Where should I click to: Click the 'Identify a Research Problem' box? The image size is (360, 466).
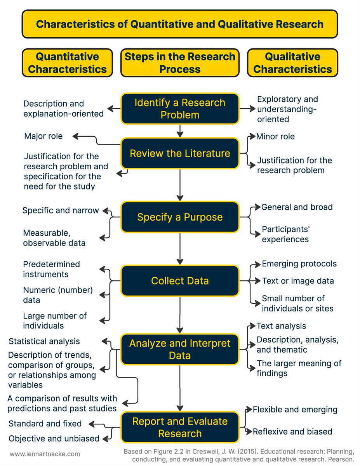tap(180, 109)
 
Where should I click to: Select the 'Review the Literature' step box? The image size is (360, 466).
tap(180, 153)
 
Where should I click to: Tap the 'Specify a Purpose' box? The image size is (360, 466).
tap(180, 217)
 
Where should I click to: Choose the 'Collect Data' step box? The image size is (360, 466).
tap(180, 280)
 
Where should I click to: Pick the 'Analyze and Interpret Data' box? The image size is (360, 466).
tap(180, 349)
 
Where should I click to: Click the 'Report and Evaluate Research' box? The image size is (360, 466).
tap(180, 427)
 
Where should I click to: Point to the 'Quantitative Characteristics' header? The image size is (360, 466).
tap(67, 63)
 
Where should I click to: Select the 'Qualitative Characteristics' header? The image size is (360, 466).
tap(292, 63)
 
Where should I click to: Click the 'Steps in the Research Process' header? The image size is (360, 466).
tap(180, 63)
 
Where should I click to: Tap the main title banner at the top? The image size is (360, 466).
tap(180, 24)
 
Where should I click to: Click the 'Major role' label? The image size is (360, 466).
tap(43, 136)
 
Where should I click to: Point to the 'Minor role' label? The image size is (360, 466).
tap(275, 136)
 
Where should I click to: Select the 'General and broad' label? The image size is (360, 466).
tap(297, 207)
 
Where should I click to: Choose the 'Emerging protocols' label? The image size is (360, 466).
tap(299, 264)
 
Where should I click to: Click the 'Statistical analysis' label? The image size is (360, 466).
tap(44, 341)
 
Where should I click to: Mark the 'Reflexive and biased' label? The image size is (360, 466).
tap(292, 431)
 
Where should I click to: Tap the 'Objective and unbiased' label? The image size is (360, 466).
tap(54, 439)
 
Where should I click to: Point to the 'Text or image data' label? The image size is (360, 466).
tap(298, 281)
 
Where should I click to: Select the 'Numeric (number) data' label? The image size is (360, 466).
tap(58, 295)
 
